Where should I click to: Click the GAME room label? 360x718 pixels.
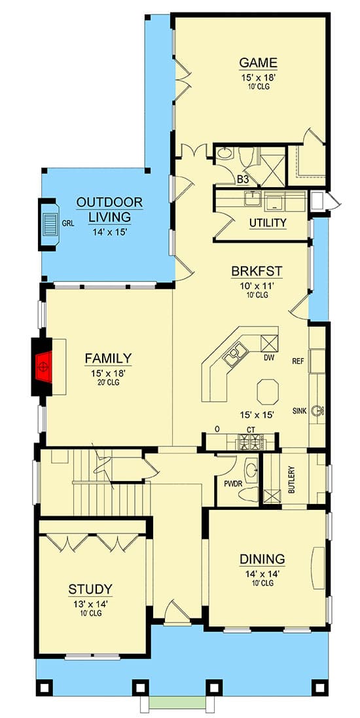click(258, 63)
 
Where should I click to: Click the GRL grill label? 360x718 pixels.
click(68, 223)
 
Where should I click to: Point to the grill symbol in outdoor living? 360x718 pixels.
click(50, 223)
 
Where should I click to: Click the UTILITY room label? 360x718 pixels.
click(268, 223)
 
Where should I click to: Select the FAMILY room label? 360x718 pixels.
click(108, 358)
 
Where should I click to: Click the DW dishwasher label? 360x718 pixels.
click(268, 357)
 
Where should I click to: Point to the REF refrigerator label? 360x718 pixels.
click(298, 361)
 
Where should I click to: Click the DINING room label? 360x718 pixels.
click(262, 559)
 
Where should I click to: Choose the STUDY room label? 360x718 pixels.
click(90, 589)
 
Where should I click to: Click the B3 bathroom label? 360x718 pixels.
click(242, 179)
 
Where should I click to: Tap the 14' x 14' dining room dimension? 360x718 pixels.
click(261, 574)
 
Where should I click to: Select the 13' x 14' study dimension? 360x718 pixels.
click(90, 604)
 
